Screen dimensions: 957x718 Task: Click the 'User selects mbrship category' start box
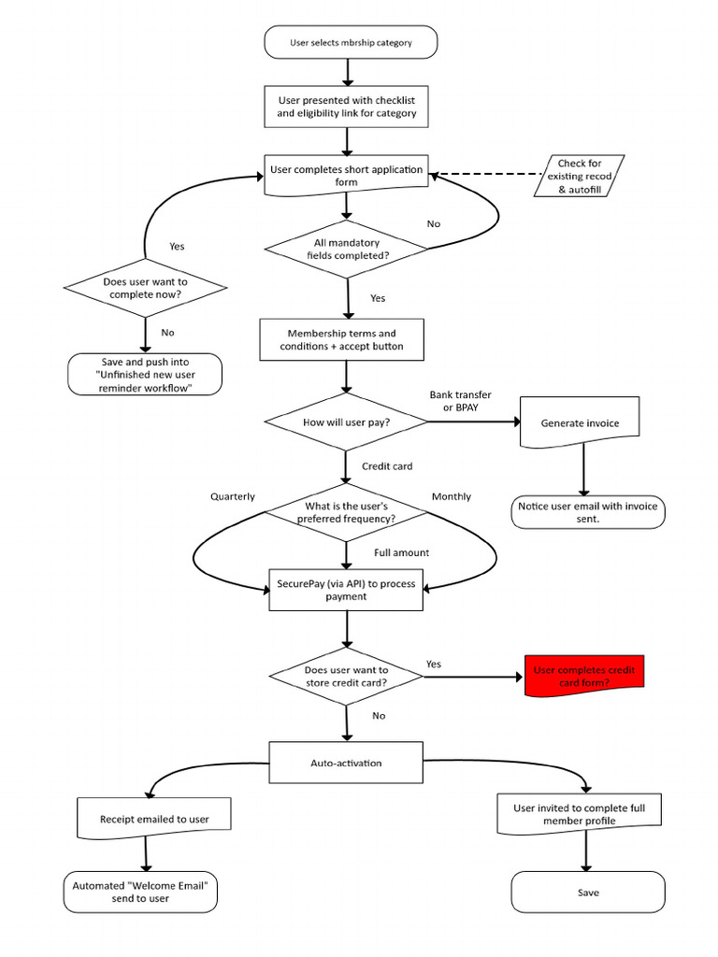tap(350, 42)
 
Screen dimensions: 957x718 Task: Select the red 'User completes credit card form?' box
tap(585, 676)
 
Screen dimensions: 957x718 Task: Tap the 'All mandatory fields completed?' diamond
tap(347, 249)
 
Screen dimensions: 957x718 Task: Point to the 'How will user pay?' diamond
tap(347, 422)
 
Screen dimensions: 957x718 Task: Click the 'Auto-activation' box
tap(346, 763)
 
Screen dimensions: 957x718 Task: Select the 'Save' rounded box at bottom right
tap(588, 892)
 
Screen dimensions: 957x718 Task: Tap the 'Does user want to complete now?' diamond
tap(145, 288)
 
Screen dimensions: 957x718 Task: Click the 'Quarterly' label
tap(233, 496)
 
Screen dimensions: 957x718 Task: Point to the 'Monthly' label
tap(451, 496)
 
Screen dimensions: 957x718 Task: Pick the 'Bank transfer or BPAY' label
tap(460, 402)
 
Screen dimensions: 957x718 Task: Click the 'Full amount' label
tap(402, 552)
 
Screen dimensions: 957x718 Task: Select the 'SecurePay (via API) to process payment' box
tap(346, 590)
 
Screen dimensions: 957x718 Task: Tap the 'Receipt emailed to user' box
tap(154, 819)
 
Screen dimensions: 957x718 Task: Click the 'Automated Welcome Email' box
tap(140, 892)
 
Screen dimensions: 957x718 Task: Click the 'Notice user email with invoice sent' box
tap(588, 511)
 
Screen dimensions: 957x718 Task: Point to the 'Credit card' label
tap(387, 465)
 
